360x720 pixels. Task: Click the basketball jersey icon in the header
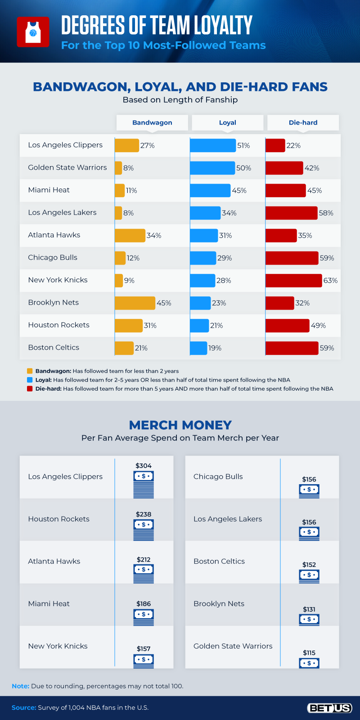pos(33,32)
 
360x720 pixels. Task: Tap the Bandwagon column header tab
pos(152,122)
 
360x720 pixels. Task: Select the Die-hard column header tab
pos(303,122)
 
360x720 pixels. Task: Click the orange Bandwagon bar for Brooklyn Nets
pos(135,303)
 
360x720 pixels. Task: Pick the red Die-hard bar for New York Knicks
pos(293,280)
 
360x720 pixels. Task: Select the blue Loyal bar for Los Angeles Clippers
pos(212,145)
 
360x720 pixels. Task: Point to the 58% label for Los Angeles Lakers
pos(326,213)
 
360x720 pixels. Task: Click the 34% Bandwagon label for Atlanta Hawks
pos(154,235)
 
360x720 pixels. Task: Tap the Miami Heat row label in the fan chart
pos(49,190)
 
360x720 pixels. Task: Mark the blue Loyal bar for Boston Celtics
pos(198,348)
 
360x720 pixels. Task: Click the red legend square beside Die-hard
pos(30,388)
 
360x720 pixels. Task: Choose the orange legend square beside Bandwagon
pos(30,371)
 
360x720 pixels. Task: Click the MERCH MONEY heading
pos(180,425)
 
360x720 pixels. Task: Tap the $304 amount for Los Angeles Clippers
pos(144,466)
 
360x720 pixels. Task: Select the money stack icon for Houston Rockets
pos(144,530)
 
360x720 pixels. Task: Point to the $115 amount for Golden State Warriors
pos(309,652)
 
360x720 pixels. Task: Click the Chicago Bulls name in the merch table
pos(218,477)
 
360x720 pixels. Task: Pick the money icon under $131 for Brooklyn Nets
pos(309,620)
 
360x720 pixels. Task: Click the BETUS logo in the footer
pos(329,708)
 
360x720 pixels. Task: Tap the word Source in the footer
pos(23,707)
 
